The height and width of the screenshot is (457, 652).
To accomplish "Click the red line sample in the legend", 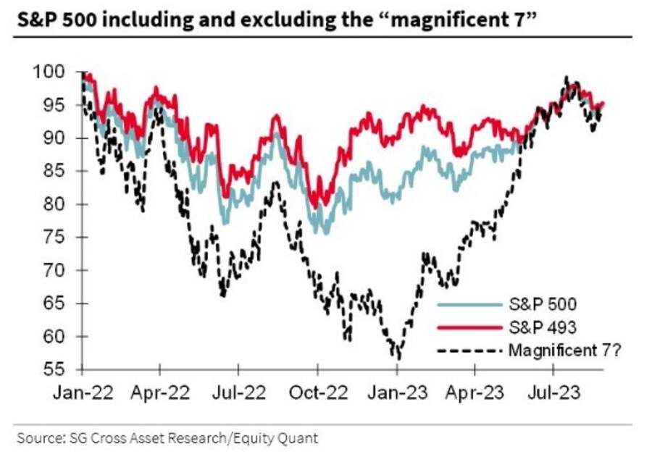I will [x=471, y=327].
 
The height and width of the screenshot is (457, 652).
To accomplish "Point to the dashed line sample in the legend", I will [x=471, y=351].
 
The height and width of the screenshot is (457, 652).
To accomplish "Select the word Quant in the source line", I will [x=300, y=437].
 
